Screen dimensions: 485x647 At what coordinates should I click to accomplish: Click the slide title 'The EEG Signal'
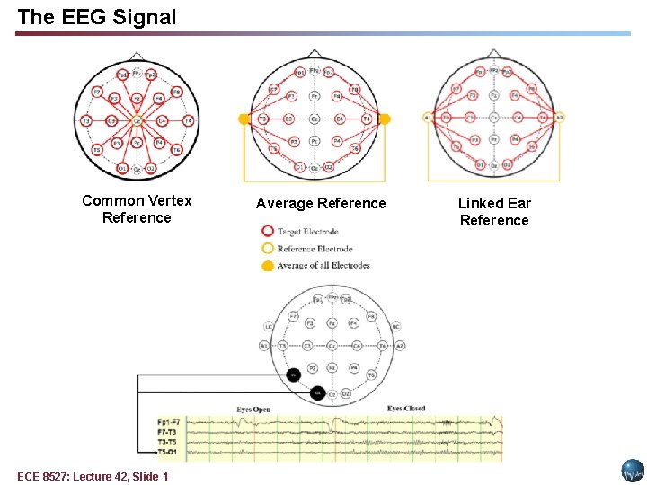coord(97,17)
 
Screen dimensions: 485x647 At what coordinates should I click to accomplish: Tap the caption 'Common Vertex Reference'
coord(137,209)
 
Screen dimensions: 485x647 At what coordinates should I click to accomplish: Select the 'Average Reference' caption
coord(321,204)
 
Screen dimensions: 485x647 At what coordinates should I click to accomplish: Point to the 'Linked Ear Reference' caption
coord(494,212)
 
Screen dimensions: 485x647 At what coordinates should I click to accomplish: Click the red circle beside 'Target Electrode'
coord(267,231)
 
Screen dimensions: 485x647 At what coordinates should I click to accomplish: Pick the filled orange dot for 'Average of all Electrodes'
coord(267,265)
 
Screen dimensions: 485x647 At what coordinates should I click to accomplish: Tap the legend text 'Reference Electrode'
coord(315,249)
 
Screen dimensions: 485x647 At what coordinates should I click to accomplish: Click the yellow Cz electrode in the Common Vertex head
coord(137,120)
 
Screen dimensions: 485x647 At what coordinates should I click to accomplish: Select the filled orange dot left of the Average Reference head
coord(244,119)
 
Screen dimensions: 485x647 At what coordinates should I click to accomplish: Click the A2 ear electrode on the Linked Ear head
coord(559,117)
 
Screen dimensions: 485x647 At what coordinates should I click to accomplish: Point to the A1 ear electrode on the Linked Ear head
coord(429,117)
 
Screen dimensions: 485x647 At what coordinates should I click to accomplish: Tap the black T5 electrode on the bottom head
coord(294,374)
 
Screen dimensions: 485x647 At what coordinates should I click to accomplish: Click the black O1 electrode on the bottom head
coord(316,392)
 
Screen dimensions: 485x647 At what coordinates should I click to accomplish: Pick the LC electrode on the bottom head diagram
coord(269,327)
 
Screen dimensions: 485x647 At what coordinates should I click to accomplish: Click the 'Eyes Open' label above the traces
coord(253,410)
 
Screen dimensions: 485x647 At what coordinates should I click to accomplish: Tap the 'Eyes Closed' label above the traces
coord(406,409)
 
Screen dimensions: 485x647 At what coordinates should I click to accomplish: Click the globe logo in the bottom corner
coord(633,470)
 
